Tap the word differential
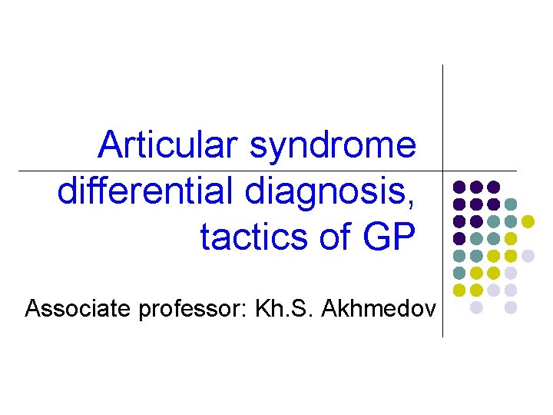click(x=146, y=191)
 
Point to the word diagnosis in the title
click(x=331, y=193)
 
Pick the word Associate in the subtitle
click(x=76, y=310)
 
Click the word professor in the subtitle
click(x=188, y=310)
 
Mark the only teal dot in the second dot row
click(x=511, y=204)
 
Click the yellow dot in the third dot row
click(x=528, y=221)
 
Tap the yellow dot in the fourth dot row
click(x=511, y=238)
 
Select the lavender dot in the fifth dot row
click(x=528, y=255)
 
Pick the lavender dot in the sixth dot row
click(x=511, y=273)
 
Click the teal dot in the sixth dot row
click(x=459, y=273)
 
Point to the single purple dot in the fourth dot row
click(x=459, y=238)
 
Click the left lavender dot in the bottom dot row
click(x=476, y=307)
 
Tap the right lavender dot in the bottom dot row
click(x=511, y=307)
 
